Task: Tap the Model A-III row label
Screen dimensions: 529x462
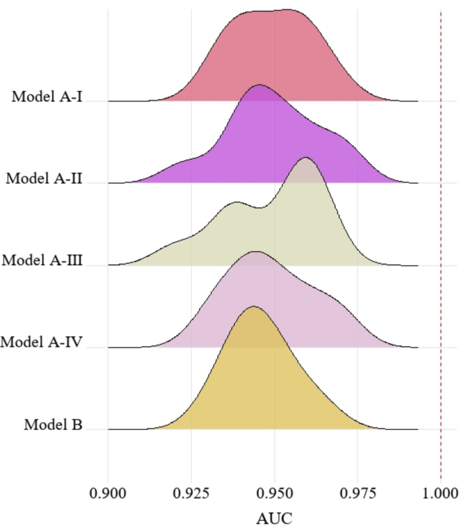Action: (x=42, y=260)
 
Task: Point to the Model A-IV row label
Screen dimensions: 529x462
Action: (x=42, y=342)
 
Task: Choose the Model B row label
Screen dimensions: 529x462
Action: (x=53, y=425)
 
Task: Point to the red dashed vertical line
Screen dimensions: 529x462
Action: (x=440, y=236)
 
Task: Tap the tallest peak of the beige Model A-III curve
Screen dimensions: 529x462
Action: (x=306, y=158)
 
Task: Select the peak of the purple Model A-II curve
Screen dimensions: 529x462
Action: (x=260, y=86)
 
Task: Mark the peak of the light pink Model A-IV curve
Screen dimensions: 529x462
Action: (x=255, y=252)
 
